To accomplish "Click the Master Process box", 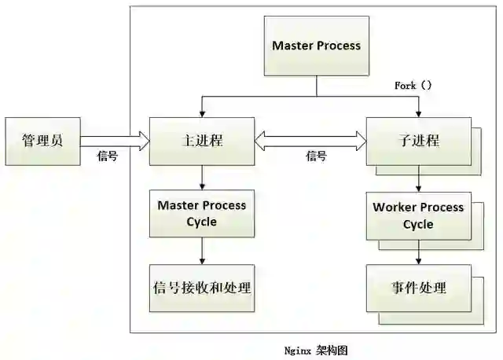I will (316, 46).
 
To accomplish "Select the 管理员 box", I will (42, 141).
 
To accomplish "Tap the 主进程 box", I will (202, 141).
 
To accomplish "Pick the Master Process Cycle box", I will (202, 214).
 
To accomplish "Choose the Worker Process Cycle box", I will (418, 215).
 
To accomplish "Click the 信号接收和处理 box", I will (202, 288).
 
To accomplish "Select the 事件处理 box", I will (418, 288).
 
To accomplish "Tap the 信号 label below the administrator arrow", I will (108, 156).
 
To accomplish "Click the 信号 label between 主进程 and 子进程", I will (316, 156).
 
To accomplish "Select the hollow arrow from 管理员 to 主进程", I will (115, 141).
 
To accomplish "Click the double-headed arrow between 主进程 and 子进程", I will (311, 141).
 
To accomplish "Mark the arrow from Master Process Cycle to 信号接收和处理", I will (202, 251).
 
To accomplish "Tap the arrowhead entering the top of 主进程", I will (202, 113).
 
